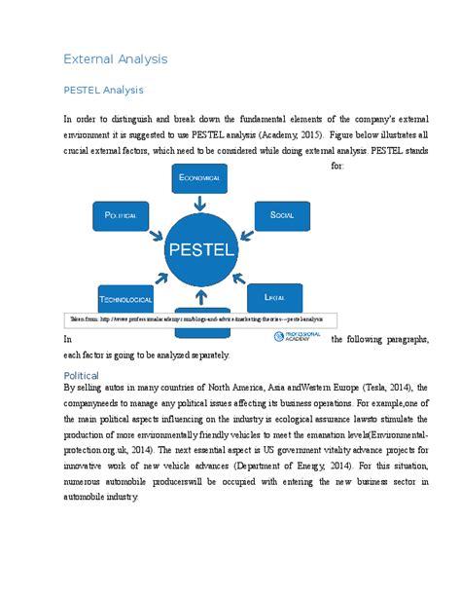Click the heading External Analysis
[115, 59]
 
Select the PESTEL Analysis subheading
[103, 91]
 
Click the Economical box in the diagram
[199, 178]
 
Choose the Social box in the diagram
[281, 214]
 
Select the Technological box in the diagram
[126, 298]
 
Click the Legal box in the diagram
[274, 295]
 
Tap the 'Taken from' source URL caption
[199, 318]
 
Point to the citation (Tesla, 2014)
[379, 388]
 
